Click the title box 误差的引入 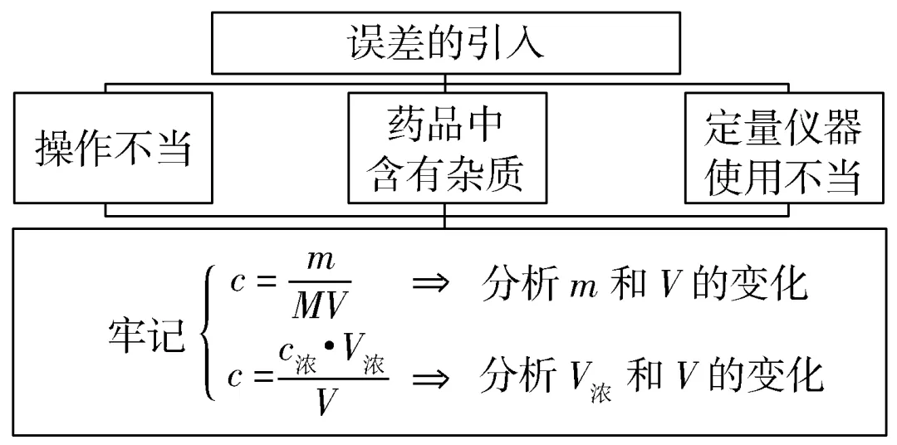pyautogui.click(x=446, y=43)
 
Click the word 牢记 pyautogui.click(x=145, y=338)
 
